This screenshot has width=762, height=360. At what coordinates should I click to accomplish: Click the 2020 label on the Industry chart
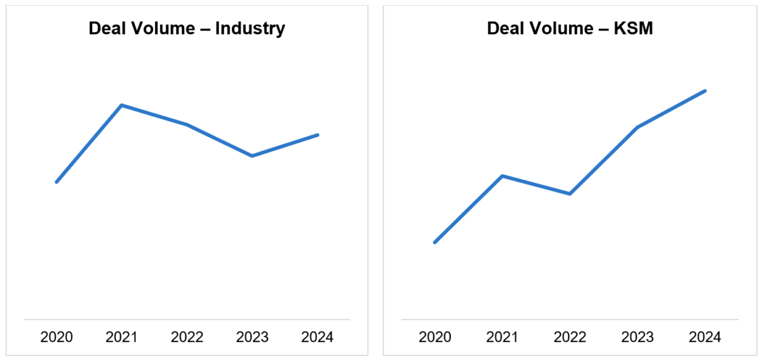click(x=57, y=337)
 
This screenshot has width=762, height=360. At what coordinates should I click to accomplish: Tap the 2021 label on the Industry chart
click(x=121, y=337)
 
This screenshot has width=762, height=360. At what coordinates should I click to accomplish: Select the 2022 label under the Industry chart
click(x=187, y=337)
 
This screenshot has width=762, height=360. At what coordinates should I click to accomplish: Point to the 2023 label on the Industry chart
click(x=252, y=337)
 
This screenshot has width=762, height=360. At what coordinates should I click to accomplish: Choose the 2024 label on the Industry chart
click(x=317, y=337)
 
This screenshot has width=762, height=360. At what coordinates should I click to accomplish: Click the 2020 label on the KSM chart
click(x=435, y=337)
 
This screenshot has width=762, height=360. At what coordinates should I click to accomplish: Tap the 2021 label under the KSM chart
click(x=502, y=337)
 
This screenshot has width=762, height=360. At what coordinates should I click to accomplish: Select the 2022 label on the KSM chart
click(x=570, y=337)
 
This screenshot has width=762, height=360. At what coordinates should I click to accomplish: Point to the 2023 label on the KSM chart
click(x=637, y=337)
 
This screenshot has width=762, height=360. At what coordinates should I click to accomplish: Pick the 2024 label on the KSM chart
click(x=705, y=337)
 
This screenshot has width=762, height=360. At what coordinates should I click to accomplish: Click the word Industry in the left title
click(x=250, y=29)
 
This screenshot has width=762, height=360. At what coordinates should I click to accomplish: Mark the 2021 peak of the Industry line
click(x=121, y=105)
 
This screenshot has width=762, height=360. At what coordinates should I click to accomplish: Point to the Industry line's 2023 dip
click(x=252, y=156)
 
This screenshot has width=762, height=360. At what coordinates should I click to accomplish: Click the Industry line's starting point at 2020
click(x=57, y=182)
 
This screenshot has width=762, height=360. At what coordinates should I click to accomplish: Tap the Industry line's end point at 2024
click(x=317, y=135)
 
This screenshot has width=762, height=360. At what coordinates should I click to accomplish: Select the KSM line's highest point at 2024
click(x=705, y=91)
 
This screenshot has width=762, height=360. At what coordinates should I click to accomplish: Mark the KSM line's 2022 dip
click(x=570, y=194)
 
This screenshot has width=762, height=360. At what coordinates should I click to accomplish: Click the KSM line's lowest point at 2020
click(x=435, y=242)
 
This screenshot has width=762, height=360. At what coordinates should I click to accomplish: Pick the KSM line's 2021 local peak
click(x=502, y=176)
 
